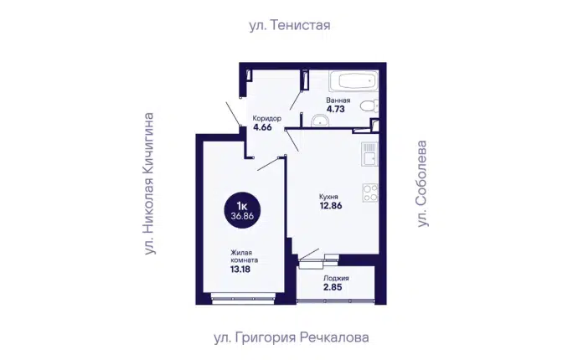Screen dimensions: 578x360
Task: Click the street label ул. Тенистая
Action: (x=289, y=25)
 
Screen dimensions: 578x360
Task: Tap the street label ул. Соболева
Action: (x=421, y=183)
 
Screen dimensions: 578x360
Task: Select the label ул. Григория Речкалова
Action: (x=292, y=337)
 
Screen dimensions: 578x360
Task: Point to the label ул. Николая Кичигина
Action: (x=148, y=183)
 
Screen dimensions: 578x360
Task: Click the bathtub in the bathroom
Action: (x=354, y=81)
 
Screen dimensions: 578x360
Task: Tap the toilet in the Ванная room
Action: (x=369, y=106)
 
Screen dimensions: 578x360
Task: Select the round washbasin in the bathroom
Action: (x=320, y=121)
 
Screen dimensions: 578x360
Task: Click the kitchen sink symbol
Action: (x=369, y=154)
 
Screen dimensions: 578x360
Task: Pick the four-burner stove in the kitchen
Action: (x=370, y=193)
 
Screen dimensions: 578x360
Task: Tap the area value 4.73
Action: (x=335, y=109)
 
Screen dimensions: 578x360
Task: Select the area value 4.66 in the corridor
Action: (x=262, y=127)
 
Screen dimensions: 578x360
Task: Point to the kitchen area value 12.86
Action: (x=331, y=206)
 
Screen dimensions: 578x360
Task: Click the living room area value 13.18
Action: (x=240, y=270)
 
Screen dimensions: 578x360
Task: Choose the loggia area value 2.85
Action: (x=333, y=287)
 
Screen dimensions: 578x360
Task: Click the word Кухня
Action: (x=328, y=197)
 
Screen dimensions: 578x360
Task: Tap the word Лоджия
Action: (x=336, y=279)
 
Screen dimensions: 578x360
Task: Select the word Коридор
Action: (x=267, y=119)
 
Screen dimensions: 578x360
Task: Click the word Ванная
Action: (x=338, y=100)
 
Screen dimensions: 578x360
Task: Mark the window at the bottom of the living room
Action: (x=244, y=298)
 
